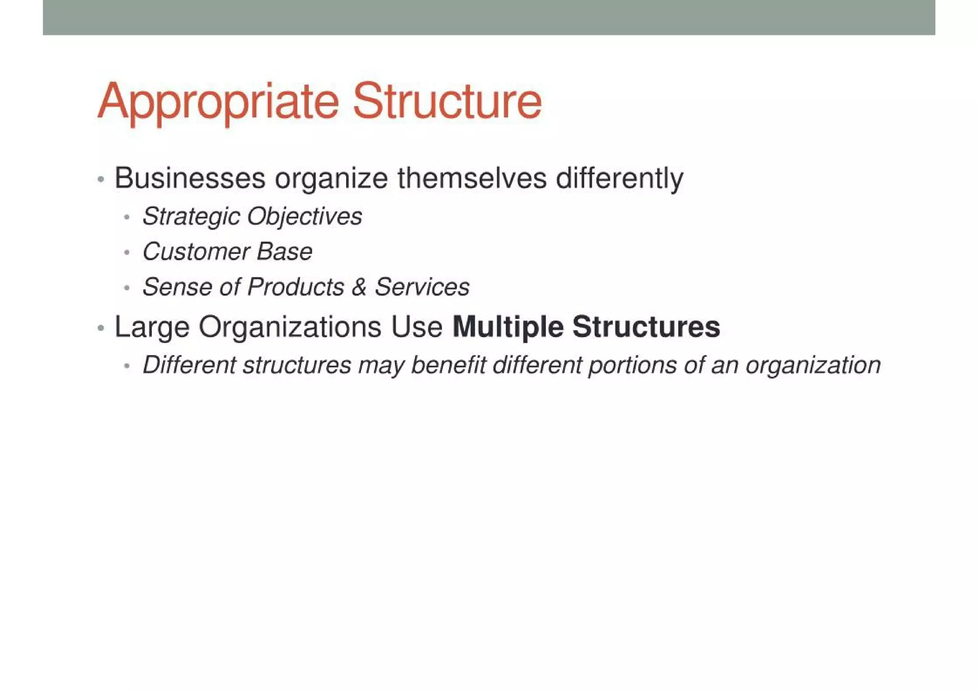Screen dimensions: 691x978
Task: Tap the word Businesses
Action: pyautogui.click(x=190, y=179)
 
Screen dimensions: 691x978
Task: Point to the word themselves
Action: pyautogui.click(x=472, y=179)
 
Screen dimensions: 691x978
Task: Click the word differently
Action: pyautogui.click(x=619, y=179)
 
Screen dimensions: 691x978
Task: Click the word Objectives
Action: pyautogui.click(x=304, y=217)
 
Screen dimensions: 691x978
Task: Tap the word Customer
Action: pyautogui.click(x=196, y=252)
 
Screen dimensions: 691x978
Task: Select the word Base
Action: pyautogui.click(x=284, y=252)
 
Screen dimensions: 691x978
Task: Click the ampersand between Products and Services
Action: pyautogui.click(x=359, y=287)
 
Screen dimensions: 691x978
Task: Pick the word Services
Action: pyautogui.click(x=422, y=287)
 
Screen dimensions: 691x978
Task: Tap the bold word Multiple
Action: pyautogui.click(x=508, y=328)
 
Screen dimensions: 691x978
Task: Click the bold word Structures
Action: pyautogui.click(x=646, y=327)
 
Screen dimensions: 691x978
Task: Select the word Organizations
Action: pyautogui.click(x=290, y=328)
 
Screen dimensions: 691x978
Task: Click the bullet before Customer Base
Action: pyautogui.click(x=127, y=253)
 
